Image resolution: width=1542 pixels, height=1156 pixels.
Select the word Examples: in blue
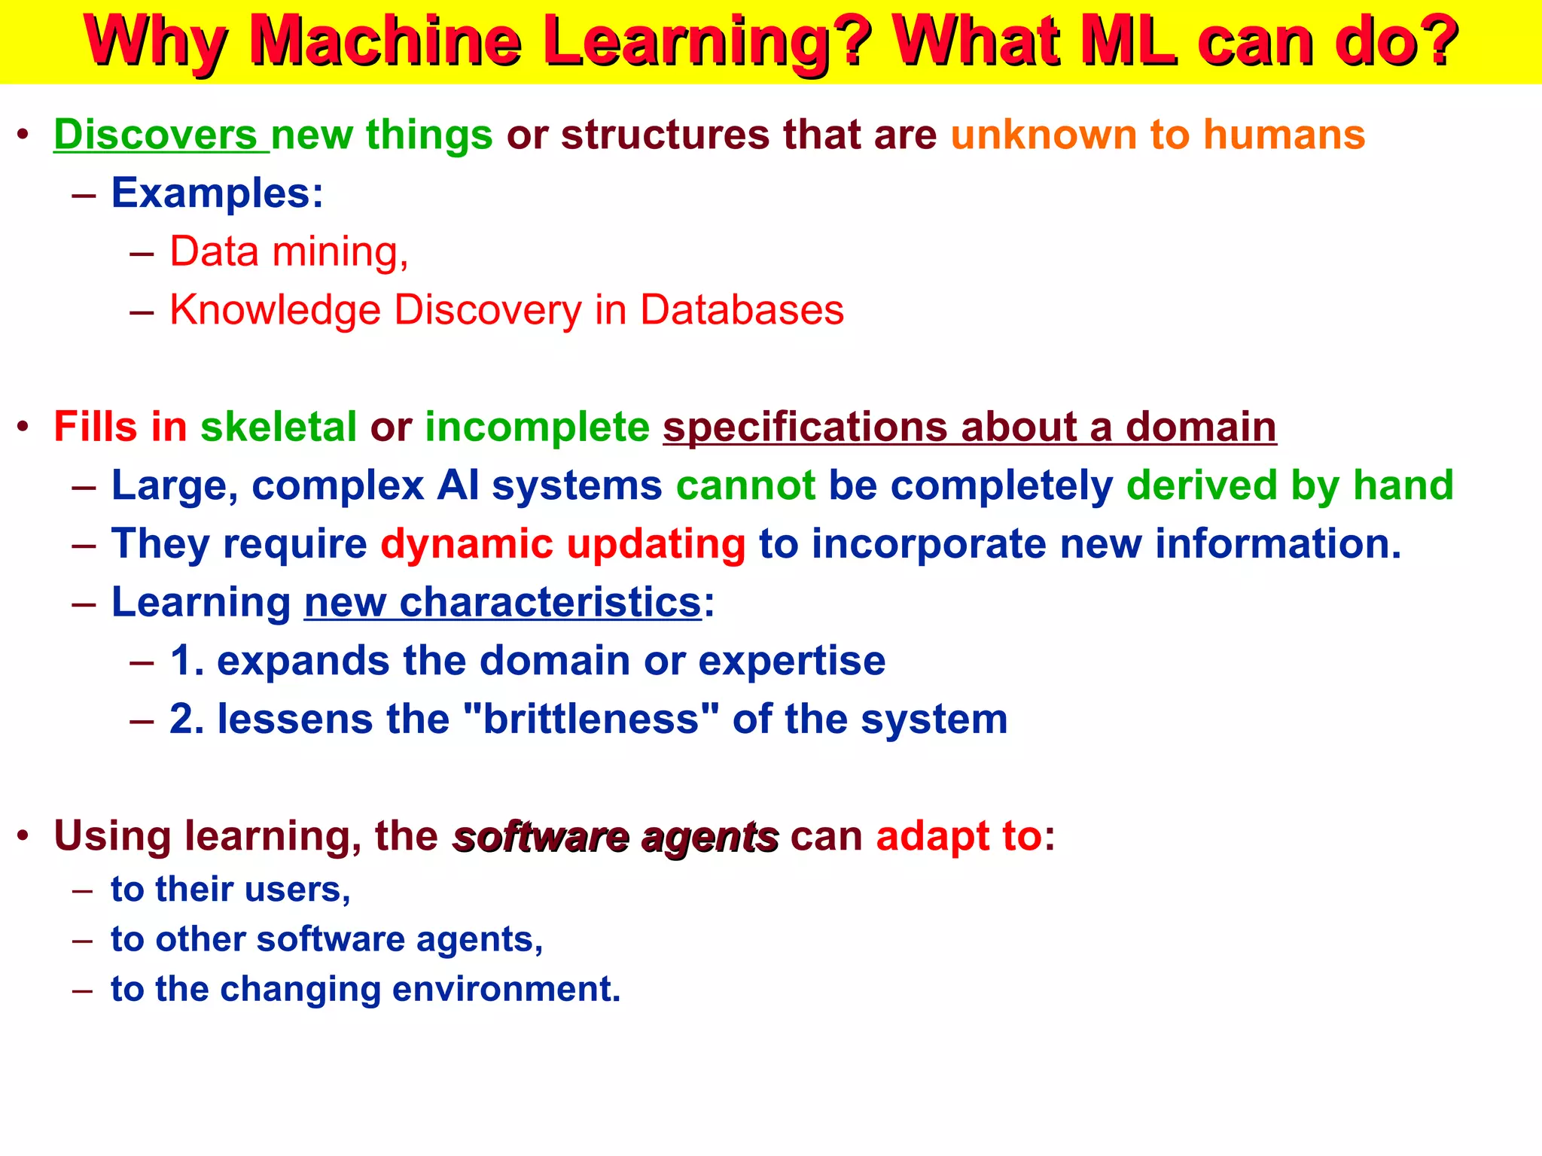coord(217,193)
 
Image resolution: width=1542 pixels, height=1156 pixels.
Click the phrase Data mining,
coord(288,251)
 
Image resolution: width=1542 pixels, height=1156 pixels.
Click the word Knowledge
coord(275,310)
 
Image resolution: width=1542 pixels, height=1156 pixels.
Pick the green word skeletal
coord(279,427)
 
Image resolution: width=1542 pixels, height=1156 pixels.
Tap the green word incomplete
coord(537,427)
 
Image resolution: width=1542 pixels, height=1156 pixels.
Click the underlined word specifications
coord(804,427)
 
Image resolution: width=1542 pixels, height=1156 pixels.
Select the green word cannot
coord(745,485)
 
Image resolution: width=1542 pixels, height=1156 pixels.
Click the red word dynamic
coord(466,543)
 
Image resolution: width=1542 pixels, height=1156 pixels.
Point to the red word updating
coord(656,543)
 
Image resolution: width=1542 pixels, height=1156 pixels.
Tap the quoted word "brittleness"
coord(590,719)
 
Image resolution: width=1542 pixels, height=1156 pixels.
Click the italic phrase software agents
coord(615,837)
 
